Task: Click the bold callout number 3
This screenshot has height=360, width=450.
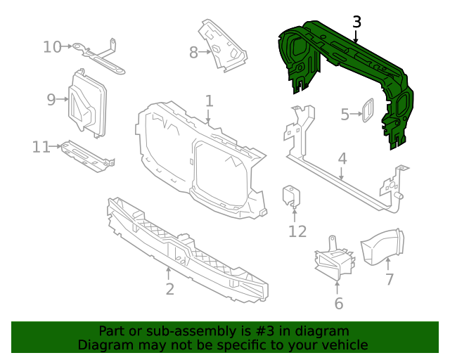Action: [356, 22]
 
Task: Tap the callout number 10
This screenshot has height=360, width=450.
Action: [53, 47]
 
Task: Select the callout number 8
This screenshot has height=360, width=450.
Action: [194, 52]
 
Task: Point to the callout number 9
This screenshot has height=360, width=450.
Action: [51, 100]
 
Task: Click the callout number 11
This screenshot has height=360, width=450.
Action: [41, 147]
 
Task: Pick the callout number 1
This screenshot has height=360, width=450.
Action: [209, 101]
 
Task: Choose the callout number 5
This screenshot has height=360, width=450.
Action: [345, 115]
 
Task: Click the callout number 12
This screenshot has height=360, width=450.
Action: [297, 231]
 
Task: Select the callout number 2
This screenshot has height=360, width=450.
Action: [169, 289]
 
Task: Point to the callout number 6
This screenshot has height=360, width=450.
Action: [338, 304]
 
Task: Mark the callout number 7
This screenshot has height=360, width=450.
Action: [389, 280]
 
